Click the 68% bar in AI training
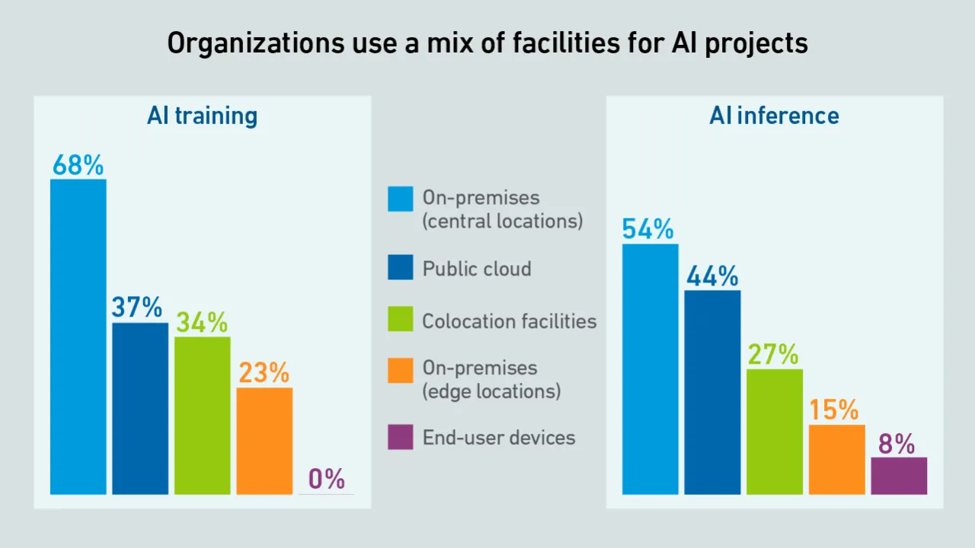click(78, 336)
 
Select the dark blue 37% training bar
click(140, 409)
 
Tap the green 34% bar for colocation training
click(202, 416)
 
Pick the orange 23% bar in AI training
click(264, 441)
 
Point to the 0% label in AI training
click(327, 479)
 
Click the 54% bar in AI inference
click(650, 369)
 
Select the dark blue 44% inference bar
click(712, 392)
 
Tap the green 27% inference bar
click(775, 432)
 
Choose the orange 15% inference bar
click(837, 460)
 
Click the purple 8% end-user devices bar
click(899, 476)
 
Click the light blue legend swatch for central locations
click(401, 199)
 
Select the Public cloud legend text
click(477, 269)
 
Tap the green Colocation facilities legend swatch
click(401, 319)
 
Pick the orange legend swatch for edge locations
click(401, 371)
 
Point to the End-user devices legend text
click(499, 438)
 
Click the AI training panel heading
click(202, 116)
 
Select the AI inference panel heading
click(774, 116)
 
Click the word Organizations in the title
click(256, 43)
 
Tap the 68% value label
click(78, 165)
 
